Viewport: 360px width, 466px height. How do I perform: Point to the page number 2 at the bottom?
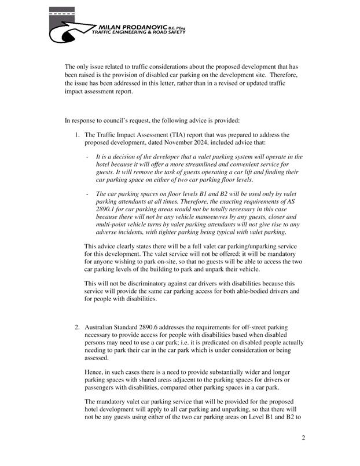pyautogui.click(x=303, y=438)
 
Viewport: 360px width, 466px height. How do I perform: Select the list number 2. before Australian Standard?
pyautogui.click(x=77, y=328)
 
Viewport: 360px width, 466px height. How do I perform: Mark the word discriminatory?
pyautogui.click(x=133, y=284)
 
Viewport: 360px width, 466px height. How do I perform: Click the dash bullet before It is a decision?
pyautogui.click(x=86, y=157)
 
